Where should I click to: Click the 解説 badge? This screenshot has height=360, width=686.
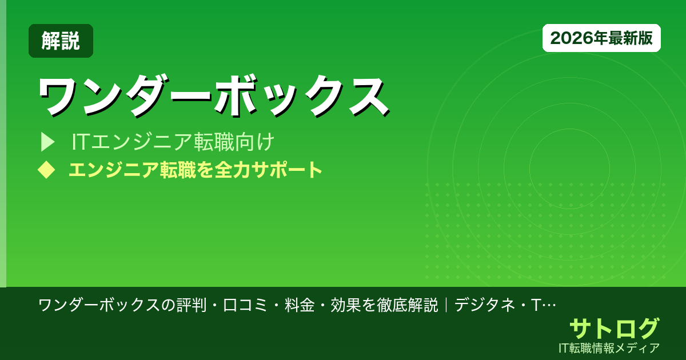(61, 41)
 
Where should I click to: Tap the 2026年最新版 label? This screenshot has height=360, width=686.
(601, 38)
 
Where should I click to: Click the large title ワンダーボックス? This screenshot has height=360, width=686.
(214, 96)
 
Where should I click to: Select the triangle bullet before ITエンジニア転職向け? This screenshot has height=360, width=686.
(47, 142)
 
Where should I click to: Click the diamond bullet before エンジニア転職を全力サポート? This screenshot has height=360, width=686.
(46, 170)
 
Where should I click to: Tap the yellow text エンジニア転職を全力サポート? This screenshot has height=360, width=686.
(195, 170)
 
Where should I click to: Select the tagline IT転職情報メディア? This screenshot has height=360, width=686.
(609, 347)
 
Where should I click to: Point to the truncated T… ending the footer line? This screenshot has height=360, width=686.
(543, 305)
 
